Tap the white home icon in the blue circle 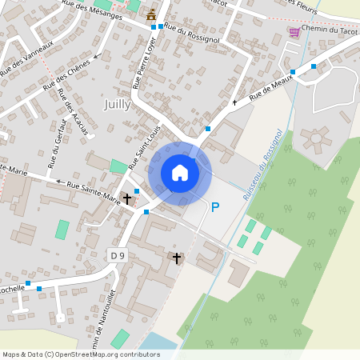[180, 172]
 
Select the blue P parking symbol [214, 207]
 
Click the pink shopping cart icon [294, 31]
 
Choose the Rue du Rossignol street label [191, 31]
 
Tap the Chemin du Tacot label [329, 30]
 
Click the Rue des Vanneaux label [26, 58]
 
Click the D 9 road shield [118, 254]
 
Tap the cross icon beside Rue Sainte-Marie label [126, 198]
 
